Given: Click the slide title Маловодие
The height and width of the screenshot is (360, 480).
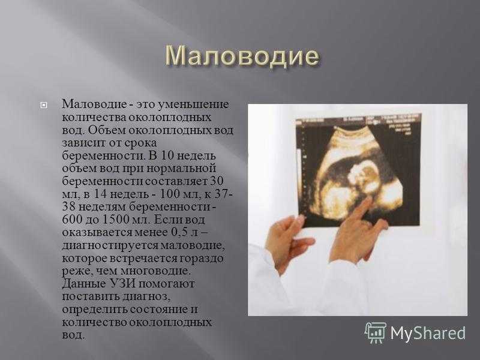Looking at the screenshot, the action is pyautogui.click(x=242, y=56).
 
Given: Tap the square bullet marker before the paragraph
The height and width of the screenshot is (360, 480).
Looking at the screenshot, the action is pyautogui.click(x=43, y=106).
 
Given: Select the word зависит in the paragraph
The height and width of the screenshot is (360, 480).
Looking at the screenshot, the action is pyautogui.click(x=81, y=143).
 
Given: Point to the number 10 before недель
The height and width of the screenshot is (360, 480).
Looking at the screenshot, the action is pyautogui.click(x=167, y=155).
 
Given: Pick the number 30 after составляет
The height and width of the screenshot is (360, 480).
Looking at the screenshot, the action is pyautogui.click(x=217, y=181).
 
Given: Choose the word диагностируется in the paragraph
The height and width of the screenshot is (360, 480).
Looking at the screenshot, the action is pyautogui.click(x=110, y=245).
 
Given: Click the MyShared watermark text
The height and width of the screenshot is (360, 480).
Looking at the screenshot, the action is pyautogui.click(x=428, y=333).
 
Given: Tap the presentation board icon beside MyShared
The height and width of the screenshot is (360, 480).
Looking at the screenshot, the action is pyautogui.click(x=376, y=332).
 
